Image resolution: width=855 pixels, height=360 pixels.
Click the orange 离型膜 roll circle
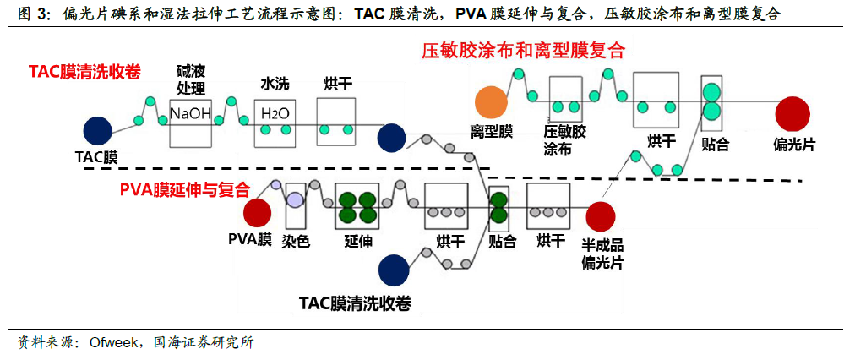pos(491,102)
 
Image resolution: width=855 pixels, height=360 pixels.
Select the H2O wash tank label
pos(275,113)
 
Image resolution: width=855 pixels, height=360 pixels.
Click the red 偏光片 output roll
pos(792,113)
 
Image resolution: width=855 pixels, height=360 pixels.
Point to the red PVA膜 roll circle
pos(258,213)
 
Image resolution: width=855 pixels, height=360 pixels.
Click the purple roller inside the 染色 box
pos(296,199)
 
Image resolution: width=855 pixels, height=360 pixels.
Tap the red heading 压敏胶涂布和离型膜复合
pos(522,51)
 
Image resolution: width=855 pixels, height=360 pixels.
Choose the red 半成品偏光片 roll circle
pos(601,216)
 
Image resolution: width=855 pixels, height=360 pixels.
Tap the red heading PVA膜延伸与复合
pos(185,190)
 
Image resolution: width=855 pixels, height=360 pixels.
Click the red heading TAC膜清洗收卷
pos(84,72)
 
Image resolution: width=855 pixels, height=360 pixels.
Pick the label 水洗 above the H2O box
pos(275,84)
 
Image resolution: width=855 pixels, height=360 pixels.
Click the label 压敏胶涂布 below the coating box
pos(564,140)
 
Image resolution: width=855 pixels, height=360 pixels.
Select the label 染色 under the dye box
pos(296,241)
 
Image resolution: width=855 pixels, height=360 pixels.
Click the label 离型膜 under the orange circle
pos(492,132)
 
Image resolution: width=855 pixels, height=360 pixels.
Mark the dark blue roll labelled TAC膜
pos(98,132)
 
